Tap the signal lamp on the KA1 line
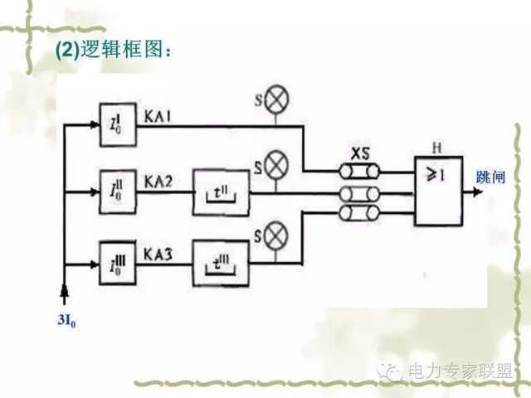[275, 100]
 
